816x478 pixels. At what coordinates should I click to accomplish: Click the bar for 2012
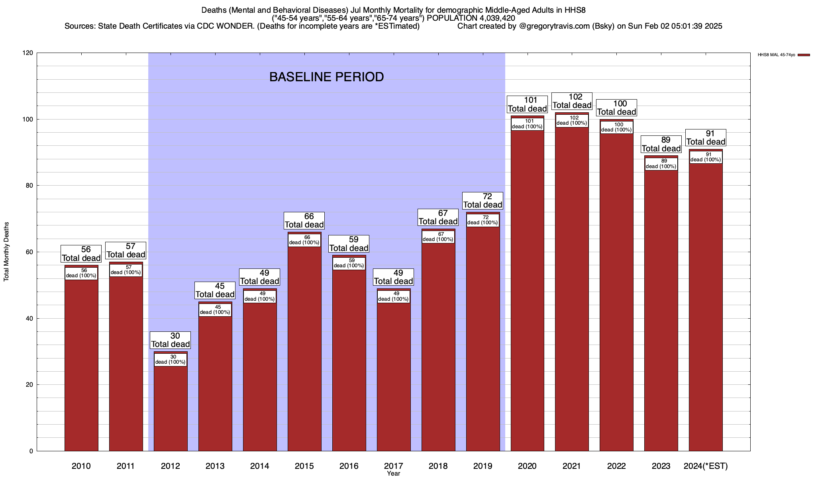pyautogui.click(x=171, y=406)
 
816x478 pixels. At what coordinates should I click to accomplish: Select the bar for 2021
pyautogui.click(x=572, y=287)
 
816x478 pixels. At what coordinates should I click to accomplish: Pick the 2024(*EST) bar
pyautogui.click(x=706, y=307)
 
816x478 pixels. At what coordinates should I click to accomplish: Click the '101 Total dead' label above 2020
pyautogui.click(x=527, y=104)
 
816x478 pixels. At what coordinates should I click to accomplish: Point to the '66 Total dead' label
pyautogui.click(x=304, y=221)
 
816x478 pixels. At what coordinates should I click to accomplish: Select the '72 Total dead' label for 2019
pyautogui.click(x=483, y=201)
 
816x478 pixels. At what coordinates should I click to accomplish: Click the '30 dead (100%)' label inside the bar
pyautogui.click(x=170, y=360)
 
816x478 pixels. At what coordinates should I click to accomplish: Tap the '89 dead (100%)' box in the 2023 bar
pyautogui.click(x=661, y=164)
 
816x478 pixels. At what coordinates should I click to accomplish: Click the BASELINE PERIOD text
pyautogui.click(x=326, y=77)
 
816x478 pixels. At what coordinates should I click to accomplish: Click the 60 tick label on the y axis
pyautogui.click(x=29, y=252)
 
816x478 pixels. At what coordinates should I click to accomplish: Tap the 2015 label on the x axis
pyautogui.click(x=304, y=466)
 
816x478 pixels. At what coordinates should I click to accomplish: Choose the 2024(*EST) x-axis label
pyautogui.click(x=706, y=466)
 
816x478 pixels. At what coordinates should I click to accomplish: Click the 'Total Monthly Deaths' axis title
pyautogui.click(x=6, y=252)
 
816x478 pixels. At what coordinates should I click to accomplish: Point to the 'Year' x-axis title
pyautogui.click(x=393, y=474)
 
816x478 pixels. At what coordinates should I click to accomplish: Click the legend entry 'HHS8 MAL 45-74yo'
pyautogui.click(x=776, y=55)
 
